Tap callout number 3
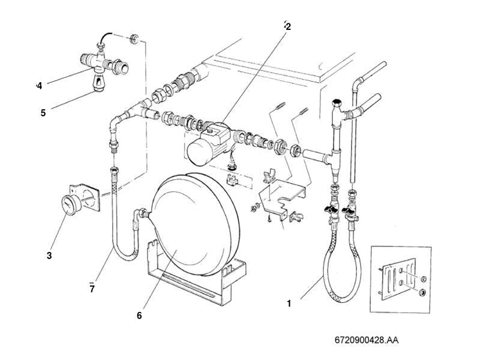click(x=49, y=256)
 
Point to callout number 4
click(x=39, y=86)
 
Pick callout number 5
click(x=43, y=112)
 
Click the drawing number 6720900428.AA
click(x=367, y=340)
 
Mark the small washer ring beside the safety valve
click(x=134, y=40)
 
